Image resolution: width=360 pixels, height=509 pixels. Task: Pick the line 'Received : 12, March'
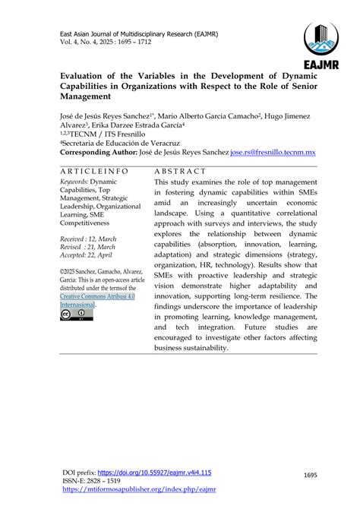coord(89,238)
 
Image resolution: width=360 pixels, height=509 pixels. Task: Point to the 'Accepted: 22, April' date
coord(90,256)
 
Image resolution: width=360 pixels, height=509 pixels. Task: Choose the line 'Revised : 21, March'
coord(88,247)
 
